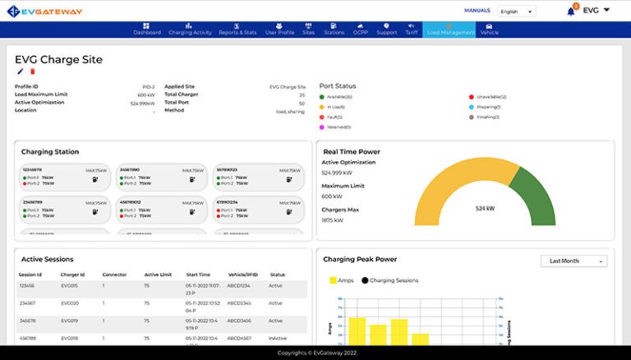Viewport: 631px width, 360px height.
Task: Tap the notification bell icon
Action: (571, 11)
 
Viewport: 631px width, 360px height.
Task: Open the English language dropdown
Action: (516, 12)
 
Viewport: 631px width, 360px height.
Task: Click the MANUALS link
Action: (477, 11)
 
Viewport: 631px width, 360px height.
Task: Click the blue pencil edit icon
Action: (21, 72)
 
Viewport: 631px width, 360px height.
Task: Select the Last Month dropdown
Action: (573, 261)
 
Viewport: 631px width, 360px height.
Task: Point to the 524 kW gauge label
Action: (485, 209)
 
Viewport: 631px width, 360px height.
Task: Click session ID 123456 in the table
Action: (27, 287)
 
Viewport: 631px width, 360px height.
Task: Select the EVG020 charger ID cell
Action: (70, 303)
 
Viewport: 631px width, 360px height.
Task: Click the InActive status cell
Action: (278, 338)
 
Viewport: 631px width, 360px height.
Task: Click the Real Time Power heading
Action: (352, 151)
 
